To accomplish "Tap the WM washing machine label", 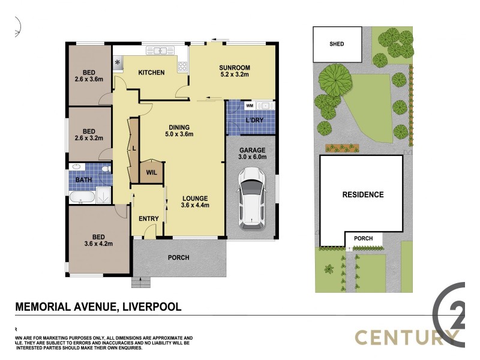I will [250, 106].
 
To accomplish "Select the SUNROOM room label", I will [234, 67].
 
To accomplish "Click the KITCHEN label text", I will [151, 73].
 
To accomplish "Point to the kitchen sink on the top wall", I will [159, 51].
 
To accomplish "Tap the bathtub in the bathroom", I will [82, 196].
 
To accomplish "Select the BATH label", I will [83, 179].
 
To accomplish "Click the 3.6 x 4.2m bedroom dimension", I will [99, 244].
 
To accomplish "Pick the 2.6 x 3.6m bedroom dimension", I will [89, 79].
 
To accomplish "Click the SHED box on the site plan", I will [337, 44].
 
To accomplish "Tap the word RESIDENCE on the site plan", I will [362, 194].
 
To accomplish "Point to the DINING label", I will [179, 127].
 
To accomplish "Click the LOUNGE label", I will [195, 198].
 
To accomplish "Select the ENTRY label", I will [148, 218].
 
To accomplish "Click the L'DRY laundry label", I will [255, 121].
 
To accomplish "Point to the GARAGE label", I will [252, 150].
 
